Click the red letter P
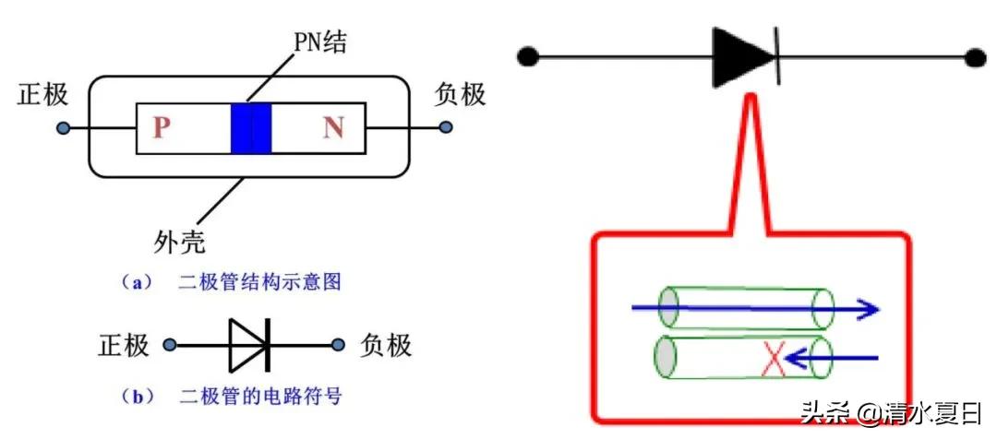point(162,127)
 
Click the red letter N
point(333,127)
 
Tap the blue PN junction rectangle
point(251,127)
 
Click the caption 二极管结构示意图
point(258,282)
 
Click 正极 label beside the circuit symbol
point(124,346)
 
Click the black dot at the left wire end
point(527,57)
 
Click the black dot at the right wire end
point(976,57)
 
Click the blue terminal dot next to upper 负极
point(446,127)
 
